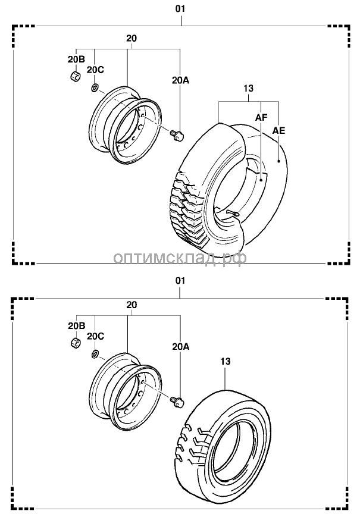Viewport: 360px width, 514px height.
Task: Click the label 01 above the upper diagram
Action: tap(180, 9)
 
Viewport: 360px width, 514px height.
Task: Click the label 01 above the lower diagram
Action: tap(180, 280)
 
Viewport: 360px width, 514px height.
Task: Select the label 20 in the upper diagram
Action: tap(132, 38)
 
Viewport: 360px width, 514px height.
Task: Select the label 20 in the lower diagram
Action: tap(132, 305)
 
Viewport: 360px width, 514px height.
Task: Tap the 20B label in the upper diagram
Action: tap(76, 58)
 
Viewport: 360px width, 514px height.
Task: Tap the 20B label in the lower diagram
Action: tap(76, 325)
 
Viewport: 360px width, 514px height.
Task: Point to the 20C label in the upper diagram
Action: tap(95, 70)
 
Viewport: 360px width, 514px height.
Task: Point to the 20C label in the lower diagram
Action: tap(95, 336)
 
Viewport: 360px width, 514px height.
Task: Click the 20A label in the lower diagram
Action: tap(181, 346)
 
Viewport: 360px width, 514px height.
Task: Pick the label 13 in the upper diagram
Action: tap(248, 88)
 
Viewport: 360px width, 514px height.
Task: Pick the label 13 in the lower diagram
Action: tap(225, 361)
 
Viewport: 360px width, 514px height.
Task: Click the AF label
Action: tap(261, 118)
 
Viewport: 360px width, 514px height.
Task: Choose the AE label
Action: tap(278, 130)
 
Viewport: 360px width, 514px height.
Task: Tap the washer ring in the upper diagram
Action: tap(95, 88)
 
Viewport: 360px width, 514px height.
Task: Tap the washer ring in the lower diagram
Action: tap(95, 355)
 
